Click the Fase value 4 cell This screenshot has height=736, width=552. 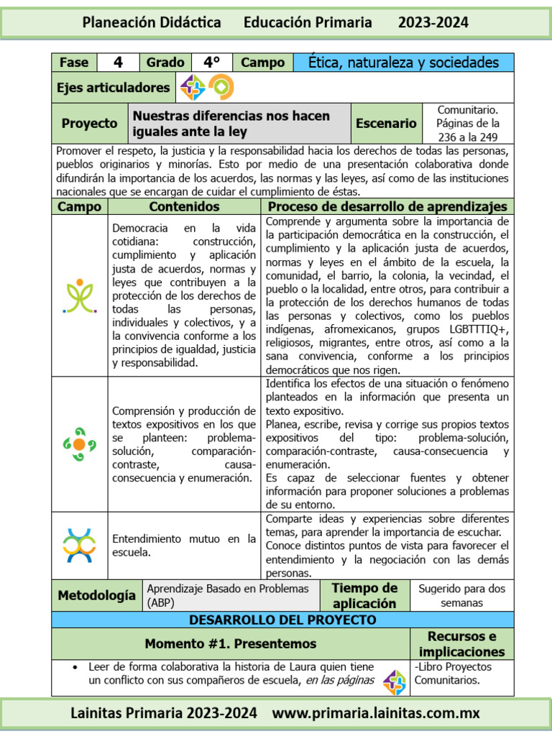point(119,63)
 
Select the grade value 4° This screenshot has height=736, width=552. point(211,63)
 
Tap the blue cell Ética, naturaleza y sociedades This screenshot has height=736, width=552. point(403,63)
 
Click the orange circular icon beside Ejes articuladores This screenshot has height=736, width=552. point(221,88)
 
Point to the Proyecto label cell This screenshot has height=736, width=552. point(89,124)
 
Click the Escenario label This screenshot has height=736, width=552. point(386,124)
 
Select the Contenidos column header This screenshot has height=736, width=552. point(184,207)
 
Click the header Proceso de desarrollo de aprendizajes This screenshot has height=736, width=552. point(387,207)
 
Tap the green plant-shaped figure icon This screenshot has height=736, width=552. point(80,296)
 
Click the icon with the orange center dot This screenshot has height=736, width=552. point(80,444)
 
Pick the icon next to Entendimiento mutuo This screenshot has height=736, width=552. point(80,545)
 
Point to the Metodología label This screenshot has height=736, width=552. point(96,595)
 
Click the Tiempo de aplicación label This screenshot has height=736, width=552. point(364,596)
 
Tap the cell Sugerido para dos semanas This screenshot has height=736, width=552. point(461,596)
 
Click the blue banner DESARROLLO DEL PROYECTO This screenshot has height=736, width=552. point(282,620)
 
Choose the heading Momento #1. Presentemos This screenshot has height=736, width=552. point(230,643)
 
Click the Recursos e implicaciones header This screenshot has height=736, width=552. point(461,644)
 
